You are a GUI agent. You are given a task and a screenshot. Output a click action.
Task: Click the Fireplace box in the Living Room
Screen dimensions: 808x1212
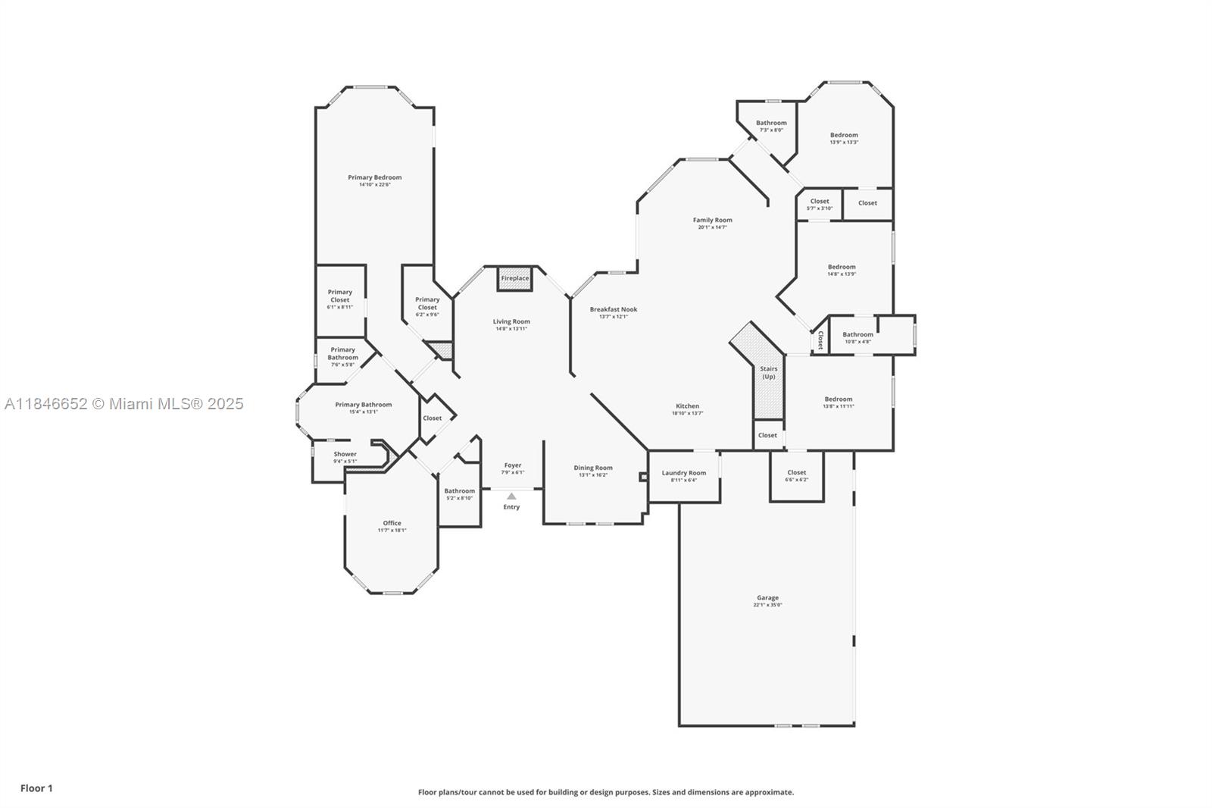coord(514,278)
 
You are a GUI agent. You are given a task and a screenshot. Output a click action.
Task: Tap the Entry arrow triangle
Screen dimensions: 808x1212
coord(511,496)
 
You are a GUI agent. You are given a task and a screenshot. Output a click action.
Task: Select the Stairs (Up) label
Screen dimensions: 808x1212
coord(768,372)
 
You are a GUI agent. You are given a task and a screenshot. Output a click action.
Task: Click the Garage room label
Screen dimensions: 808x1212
coord(767,597)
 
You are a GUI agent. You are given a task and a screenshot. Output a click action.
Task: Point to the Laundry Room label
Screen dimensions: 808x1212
coord(683,473)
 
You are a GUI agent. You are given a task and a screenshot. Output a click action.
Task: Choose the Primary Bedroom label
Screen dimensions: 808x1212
coord(374,177)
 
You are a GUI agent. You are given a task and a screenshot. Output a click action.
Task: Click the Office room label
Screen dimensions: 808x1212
coord(392,523)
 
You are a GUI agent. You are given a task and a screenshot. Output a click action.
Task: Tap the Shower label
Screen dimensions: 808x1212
coord(345,454)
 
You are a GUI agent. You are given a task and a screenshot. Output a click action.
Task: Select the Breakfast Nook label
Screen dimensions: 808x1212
coord(613,309)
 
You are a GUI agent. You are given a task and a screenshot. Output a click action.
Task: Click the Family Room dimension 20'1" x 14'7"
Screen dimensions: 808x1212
coord(712,227)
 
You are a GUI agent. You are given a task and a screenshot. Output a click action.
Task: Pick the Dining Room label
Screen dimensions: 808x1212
coord(592,468)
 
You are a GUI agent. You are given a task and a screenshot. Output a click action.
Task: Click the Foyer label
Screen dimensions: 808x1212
coord(513,465)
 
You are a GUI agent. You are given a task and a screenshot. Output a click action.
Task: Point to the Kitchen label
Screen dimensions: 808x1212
coord(687,406)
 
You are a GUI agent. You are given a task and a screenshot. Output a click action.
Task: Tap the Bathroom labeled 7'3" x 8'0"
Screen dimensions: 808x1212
coord(771,123)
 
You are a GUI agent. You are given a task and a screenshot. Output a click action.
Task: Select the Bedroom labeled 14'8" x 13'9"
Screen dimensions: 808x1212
coord(841,267)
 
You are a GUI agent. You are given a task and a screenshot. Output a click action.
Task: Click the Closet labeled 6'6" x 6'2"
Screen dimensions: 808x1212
coord(796,472)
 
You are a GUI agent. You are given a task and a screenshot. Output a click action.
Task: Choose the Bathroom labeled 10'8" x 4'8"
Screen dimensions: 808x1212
coord(857,334)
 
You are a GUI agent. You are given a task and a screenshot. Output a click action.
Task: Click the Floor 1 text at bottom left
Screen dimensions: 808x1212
coord(36,788)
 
